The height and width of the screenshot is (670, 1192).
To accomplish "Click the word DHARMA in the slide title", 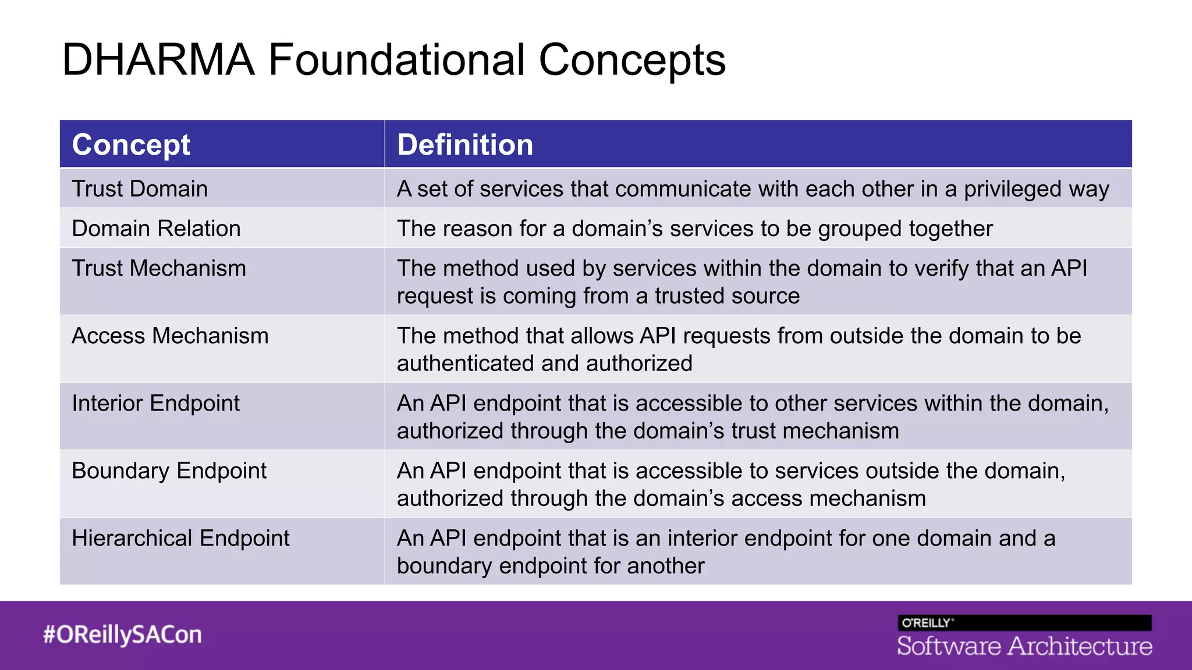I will tap(158, 60).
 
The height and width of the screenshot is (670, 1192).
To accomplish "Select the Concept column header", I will tap(131, 145).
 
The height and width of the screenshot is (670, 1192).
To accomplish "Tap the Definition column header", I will tap(464, 145).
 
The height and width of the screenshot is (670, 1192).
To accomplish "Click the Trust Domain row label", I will tap(140, 189).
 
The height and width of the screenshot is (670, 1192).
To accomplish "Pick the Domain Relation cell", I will tap(156, 229).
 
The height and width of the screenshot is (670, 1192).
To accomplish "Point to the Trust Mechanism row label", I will tap(159, 268).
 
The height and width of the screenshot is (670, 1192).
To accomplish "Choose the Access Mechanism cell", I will tap(170, 336).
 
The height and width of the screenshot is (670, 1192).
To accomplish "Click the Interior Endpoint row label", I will tap(155, 403).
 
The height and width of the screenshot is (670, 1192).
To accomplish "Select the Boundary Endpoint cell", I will tap(169, 471).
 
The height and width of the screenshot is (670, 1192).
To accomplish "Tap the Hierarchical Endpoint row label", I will tap(180, 538).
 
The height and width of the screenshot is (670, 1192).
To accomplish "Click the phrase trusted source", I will tap(727, 296).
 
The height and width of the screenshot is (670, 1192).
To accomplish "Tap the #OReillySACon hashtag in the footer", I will tap(122, 635).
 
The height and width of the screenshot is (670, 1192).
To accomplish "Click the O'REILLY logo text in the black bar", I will tap(926, 623).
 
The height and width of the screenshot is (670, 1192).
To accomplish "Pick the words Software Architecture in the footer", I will tap(1024, 646).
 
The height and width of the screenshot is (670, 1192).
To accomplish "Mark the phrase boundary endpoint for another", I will tap(550, 566).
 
